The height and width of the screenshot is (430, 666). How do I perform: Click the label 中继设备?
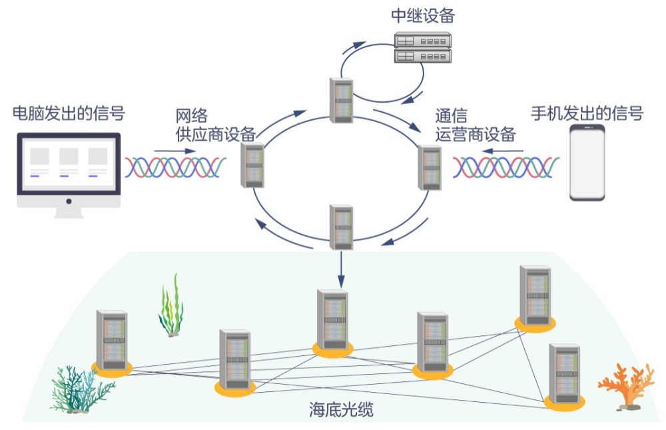point(423,16)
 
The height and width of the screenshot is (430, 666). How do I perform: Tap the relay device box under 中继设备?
point(423,47)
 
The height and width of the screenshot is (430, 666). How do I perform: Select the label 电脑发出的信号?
point(69,113)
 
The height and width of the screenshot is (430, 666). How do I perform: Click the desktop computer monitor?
point(69,175)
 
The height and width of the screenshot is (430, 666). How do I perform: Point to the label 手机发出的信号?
point(587,113)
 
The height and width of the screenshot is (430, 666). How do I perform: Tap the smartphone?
point(587,163)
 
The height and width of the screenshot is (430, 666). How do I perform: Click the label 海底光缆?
point(341,409)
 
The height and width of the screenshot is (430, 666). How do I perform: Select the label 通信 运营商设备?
point(475,125)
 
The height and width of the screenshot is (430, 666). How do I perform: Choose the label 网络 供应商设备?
point(215,125)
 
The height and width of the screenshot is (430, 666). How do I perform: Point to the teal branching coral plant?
point(81,389)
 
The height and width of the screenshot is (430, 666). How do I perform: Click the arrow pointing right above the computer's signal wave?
point(175,151)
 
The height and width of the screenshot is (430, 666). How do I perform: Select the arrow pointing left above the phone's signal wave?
point(502,151)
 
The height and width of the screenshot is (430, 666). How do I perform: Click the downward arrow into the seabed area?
point(341,269)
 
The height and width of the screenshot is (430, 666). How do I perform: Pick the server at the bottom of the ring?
point(342,227)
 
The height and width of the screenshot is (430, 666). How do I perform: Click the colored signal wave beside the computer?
point(175,167)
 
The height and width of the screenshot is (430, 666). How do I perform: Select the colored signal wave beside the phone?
point(506,167)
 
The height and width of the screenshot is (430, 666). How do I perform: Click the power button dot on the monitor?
point(69,201)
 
